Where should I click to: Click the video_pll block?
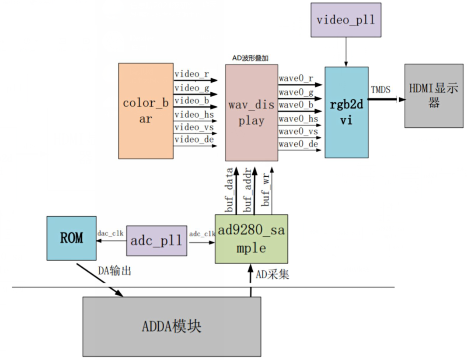346,20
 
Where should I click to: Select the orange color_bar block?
146,111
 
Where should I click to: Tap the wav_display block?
251,112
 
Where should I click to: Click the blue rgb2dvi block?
346,112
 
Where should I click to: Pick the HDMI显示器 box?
433,96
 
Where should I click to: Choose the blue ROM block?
72,238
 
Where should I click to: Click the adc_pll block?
156,241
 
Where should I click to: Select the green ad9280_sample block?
251,239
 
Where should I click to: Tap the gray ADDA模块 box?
172,326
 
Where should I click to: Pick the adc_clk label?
201,234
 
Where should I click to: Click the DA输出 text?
114,271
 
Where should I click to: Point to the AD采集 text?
272,275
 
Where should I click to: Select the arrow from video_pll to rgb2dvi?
346,52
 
